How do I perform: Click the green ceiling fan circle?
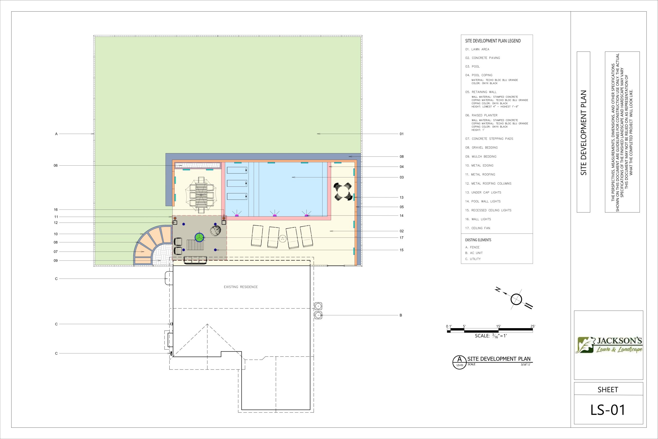tap(199, 237)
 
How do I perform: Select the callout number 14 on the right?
tap(401, 216)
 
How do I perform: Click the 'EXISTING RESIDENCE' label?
tap(241, 287)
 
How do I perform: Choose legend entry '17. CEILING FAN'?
tap(478, 228)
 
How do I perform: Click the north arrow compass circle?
tap(516, 299)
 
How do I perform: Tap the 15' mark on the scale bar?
tap(499, 326)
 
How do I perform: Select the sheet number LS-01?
tap(608, 410)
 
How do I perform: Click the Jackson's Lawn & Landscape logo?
tap(608, 345)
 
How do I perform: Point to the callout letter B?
tap(401, 315)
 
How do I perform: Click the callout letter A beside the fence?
tap(56, 134)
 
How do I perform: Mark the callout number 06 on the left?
tap(56, 165)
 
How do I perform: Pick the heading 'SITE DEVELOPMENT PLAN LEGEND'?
tap(493, 41)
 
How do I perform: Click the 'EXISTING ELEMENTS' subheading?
tap(478, 240)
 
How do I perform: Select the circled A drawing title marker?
tap(459, 362)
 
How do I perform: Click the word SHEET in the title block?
tap(608, 390)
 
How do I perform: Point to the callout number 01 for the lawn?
tap(401, 134)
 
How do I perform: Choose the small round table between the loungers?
tap(283, 239)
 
